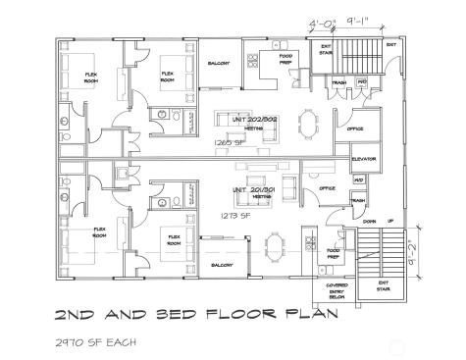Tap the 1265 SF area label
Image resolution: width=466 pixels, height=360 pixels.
(x=226, y=142)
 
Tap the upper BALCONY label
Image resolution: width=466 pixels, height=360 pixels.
(x=219, y=63)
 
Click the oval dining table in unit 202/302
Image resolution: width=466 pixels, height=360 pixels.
(x=309, y=122)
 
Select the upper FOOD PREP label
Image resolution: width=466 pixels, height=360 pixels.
(x=285, y=58)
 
